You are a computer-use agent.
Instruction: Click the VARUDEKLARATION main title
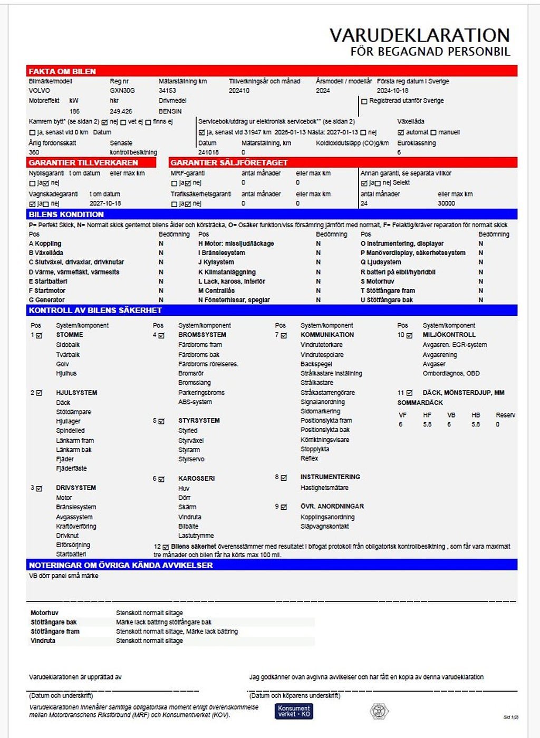coord(420,36)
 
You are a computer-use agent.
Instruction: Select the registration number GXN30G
coord(122,91)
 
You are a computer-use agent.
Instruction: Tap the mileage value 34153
coord(167,91)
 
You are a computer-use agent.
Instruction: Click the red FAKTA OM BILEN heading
coord(62,71)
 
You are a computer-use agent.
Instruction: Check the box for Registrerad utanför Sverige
coord(364,101)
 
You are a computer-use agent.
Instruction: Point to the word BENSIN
coord(170,112)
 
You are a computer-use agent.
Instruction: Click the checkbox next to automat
coord(401,132)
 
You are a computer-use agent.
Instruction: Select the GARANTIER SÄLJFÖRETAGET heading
coord(229,163)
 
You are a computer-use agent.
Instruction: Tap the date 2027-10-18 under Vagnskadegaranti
coord(105,203)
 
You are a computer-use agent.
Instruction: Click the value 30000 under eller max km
coord(446,203)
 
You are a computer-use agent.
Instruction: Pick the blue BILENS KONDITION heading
coord(66,215)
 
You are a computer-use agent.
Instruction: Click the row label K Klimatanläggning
coord(227,272)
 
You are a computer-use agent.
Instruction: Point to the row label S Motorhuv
coord(377,281)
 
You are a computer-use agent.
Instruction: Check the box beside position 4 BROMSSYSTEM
coord(161,335)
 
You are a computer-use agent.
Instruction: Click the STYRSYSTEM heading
coord(199,421)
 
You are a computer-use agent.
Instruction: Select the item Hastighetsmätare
coord(324,488)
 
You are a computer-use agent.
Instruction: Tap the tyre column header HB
coord(476,415)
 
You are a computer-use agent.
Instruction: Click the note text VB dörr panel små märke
coord(63,576)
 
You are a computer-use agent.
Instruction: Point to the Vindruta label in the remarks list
coord(43,641)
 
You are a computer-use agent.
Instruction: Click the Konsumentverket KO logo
coord(294,711)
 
